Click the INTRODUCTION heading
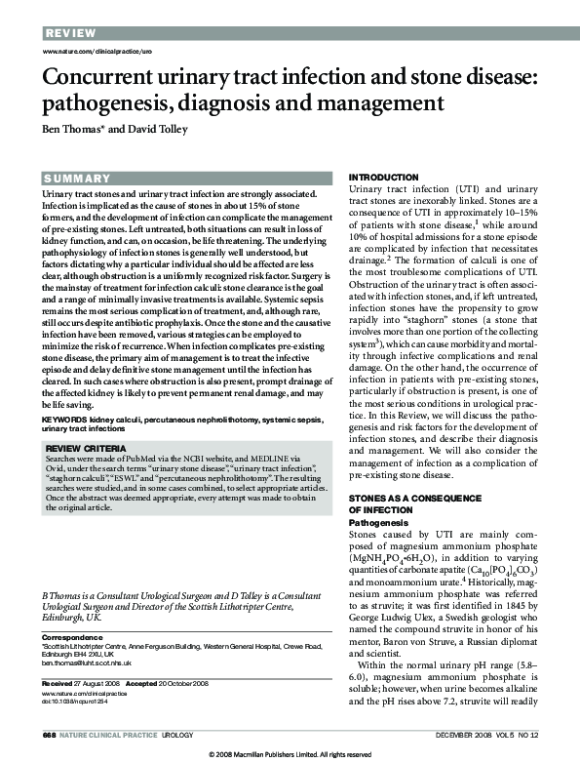pyautogui.click(x=383, y=177)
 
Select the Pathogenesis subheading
pyautogui.click(x=379, y=523)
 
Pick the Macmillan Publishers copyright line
pyautogui.click(x=290, y=755)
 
